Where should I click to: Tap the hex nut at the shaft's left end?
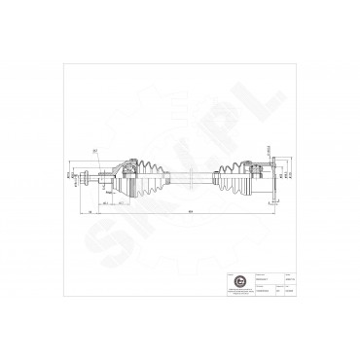coord(89,176)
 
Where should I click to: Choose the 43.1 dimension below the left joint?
coord(116,203)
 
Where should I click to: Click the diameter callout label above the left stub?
coord(95,150)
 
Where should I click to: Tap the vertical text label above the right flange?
coord(268,147)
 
